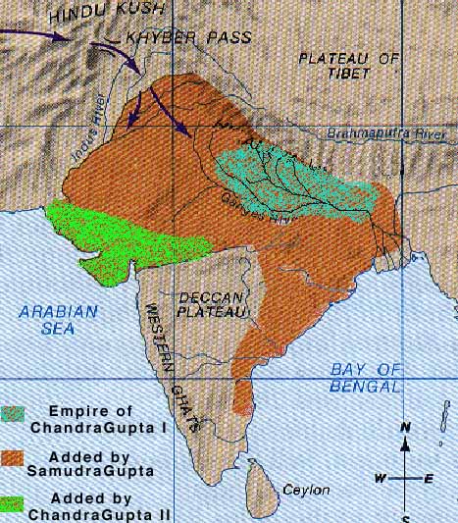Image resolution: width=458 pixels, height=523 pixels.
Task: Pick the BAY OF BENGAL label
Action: tap(366, 377)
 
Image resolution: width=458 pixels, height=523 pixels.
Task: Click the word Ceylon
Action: tap(300, 489)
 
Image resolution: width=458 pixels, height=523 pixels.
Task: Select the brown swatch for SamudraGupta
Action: tap(14, 459)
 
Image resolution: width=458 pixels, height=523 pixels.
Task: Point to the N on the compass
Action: tap(405, 427)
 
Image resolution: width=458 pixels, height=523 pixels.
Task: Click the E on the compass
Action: tap(429, 478)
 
